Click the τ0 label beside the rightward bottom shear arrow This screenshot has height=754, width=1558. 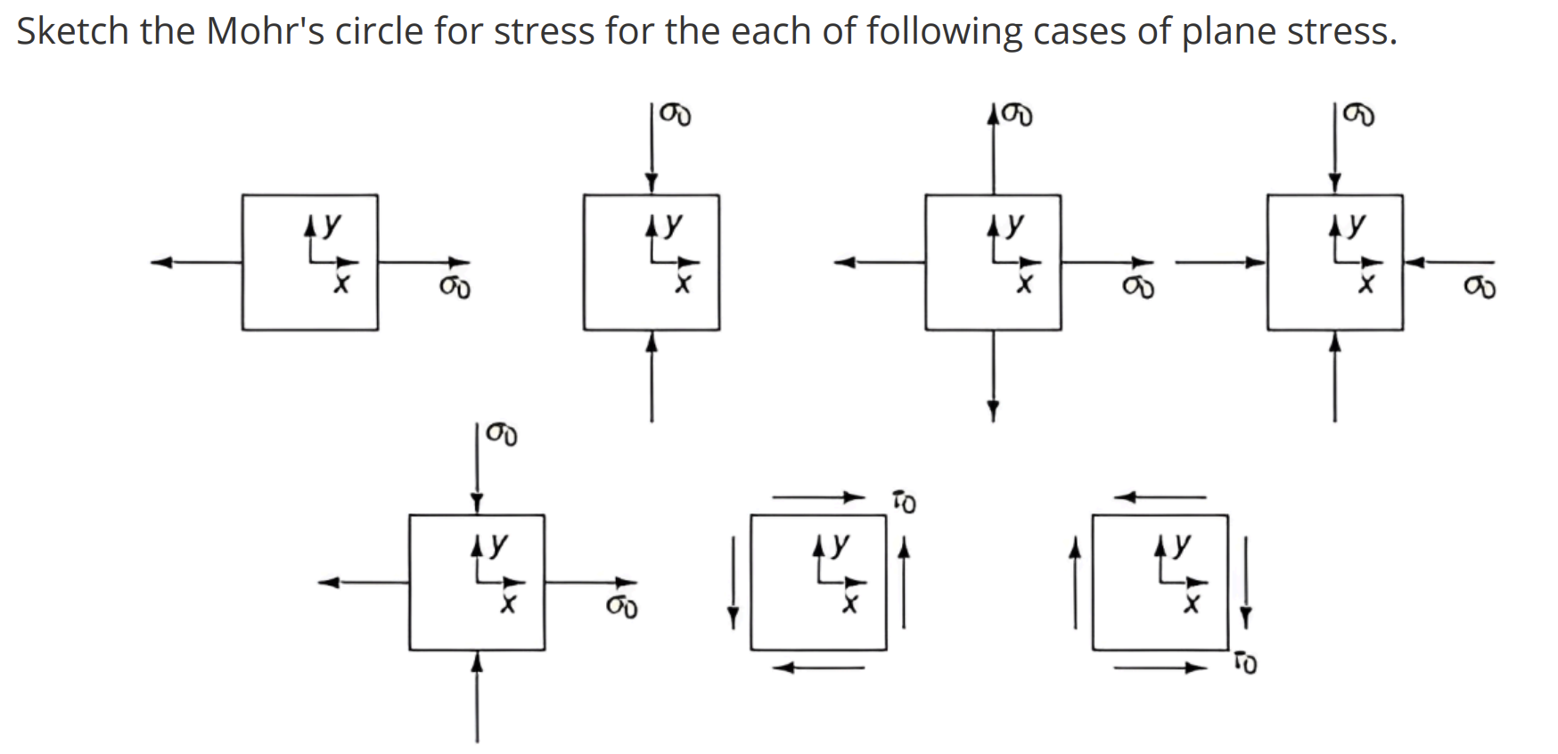(1245, 663)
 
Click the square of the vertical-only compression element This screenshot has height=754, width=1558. (652, 262)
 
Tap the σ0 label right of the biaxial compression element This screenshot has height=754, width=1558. (1480, 288)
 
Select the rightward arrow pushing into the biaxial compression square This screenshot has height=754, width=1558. (1220, 262)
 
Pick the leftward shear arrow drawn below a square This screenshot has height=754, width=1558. (818, 668)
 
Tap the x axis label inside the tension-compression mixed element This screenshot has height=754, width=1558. (508, 605)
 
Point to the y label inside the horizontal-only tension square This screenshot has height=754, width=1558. (332, 223)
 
